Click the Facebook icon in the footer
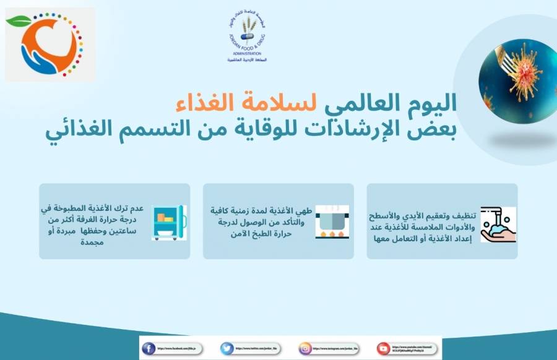(x=149, y=348)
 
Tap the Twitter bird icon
(x=227, y=348)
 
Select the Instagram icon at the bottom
(x=305, y=348)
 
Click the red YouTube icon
(x=384, y=348)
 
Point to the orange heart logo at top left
(x=49, y=45)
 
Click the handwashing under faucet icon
(x=498, y=225)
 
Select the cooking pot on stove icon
(x=332, y=221)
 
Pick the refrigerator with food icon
(x=169, y=221)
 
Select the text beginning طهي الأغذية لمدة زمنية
(x=262, y=222)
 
